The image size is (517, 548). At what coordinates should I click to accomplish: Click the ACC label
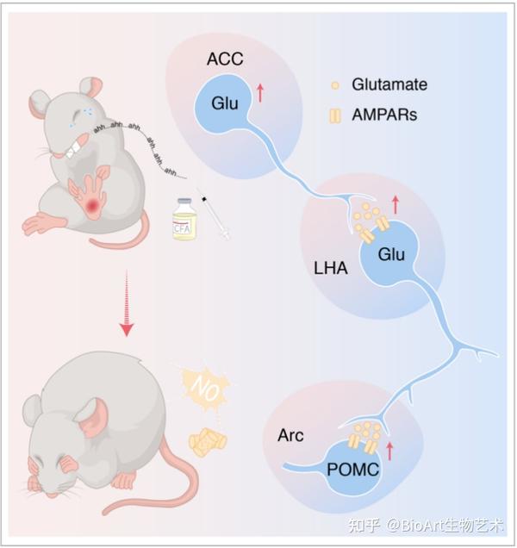pos(225,59)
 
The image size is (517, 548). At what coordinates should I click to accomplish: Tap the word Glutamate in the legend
pos(389,84)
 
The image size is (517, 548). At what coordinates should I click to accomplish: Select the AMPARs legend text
pos(384,115)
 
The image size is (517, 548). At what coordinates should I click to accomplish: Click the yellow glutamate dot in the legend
pos(335,85)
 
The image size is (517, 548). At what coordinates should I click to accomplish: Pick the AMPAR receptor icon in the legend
pos(335,115)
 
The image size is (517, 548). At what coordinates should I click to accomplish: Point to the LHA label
pos(331,269)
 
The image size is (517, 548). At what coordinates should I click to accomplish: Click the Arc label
pos(290,435)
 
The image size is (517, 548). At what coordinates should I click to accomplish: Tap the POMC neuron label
pos(352,470)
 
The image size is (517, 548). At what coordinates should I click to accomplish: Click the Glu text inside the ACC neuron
pos(225,103)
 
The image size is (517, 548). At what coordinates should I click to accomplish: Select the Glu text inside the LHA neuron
pos(391,254)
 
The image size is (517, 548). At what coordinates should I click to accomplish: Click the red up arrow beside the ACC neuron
pos(260,93)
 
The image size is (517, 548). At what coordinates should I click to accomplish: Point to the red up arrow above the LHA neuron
pos(396,204)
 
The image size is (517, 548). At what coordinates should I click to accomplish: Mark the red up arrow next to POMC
pos(389,451)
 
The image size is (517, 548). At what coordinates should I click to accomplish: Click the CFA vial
pos(184,219)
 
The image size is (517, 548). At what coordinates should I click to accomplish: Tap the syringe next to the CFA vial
pos(215,216)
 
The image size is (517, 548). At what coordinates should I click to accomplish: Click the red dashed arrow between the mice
pos(127,302)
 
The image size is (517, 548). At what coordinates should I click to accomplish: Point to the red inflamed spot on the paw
pos(93,205)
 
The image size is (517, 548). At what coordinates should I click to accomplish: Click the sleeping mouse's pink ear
pos(92,419)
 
